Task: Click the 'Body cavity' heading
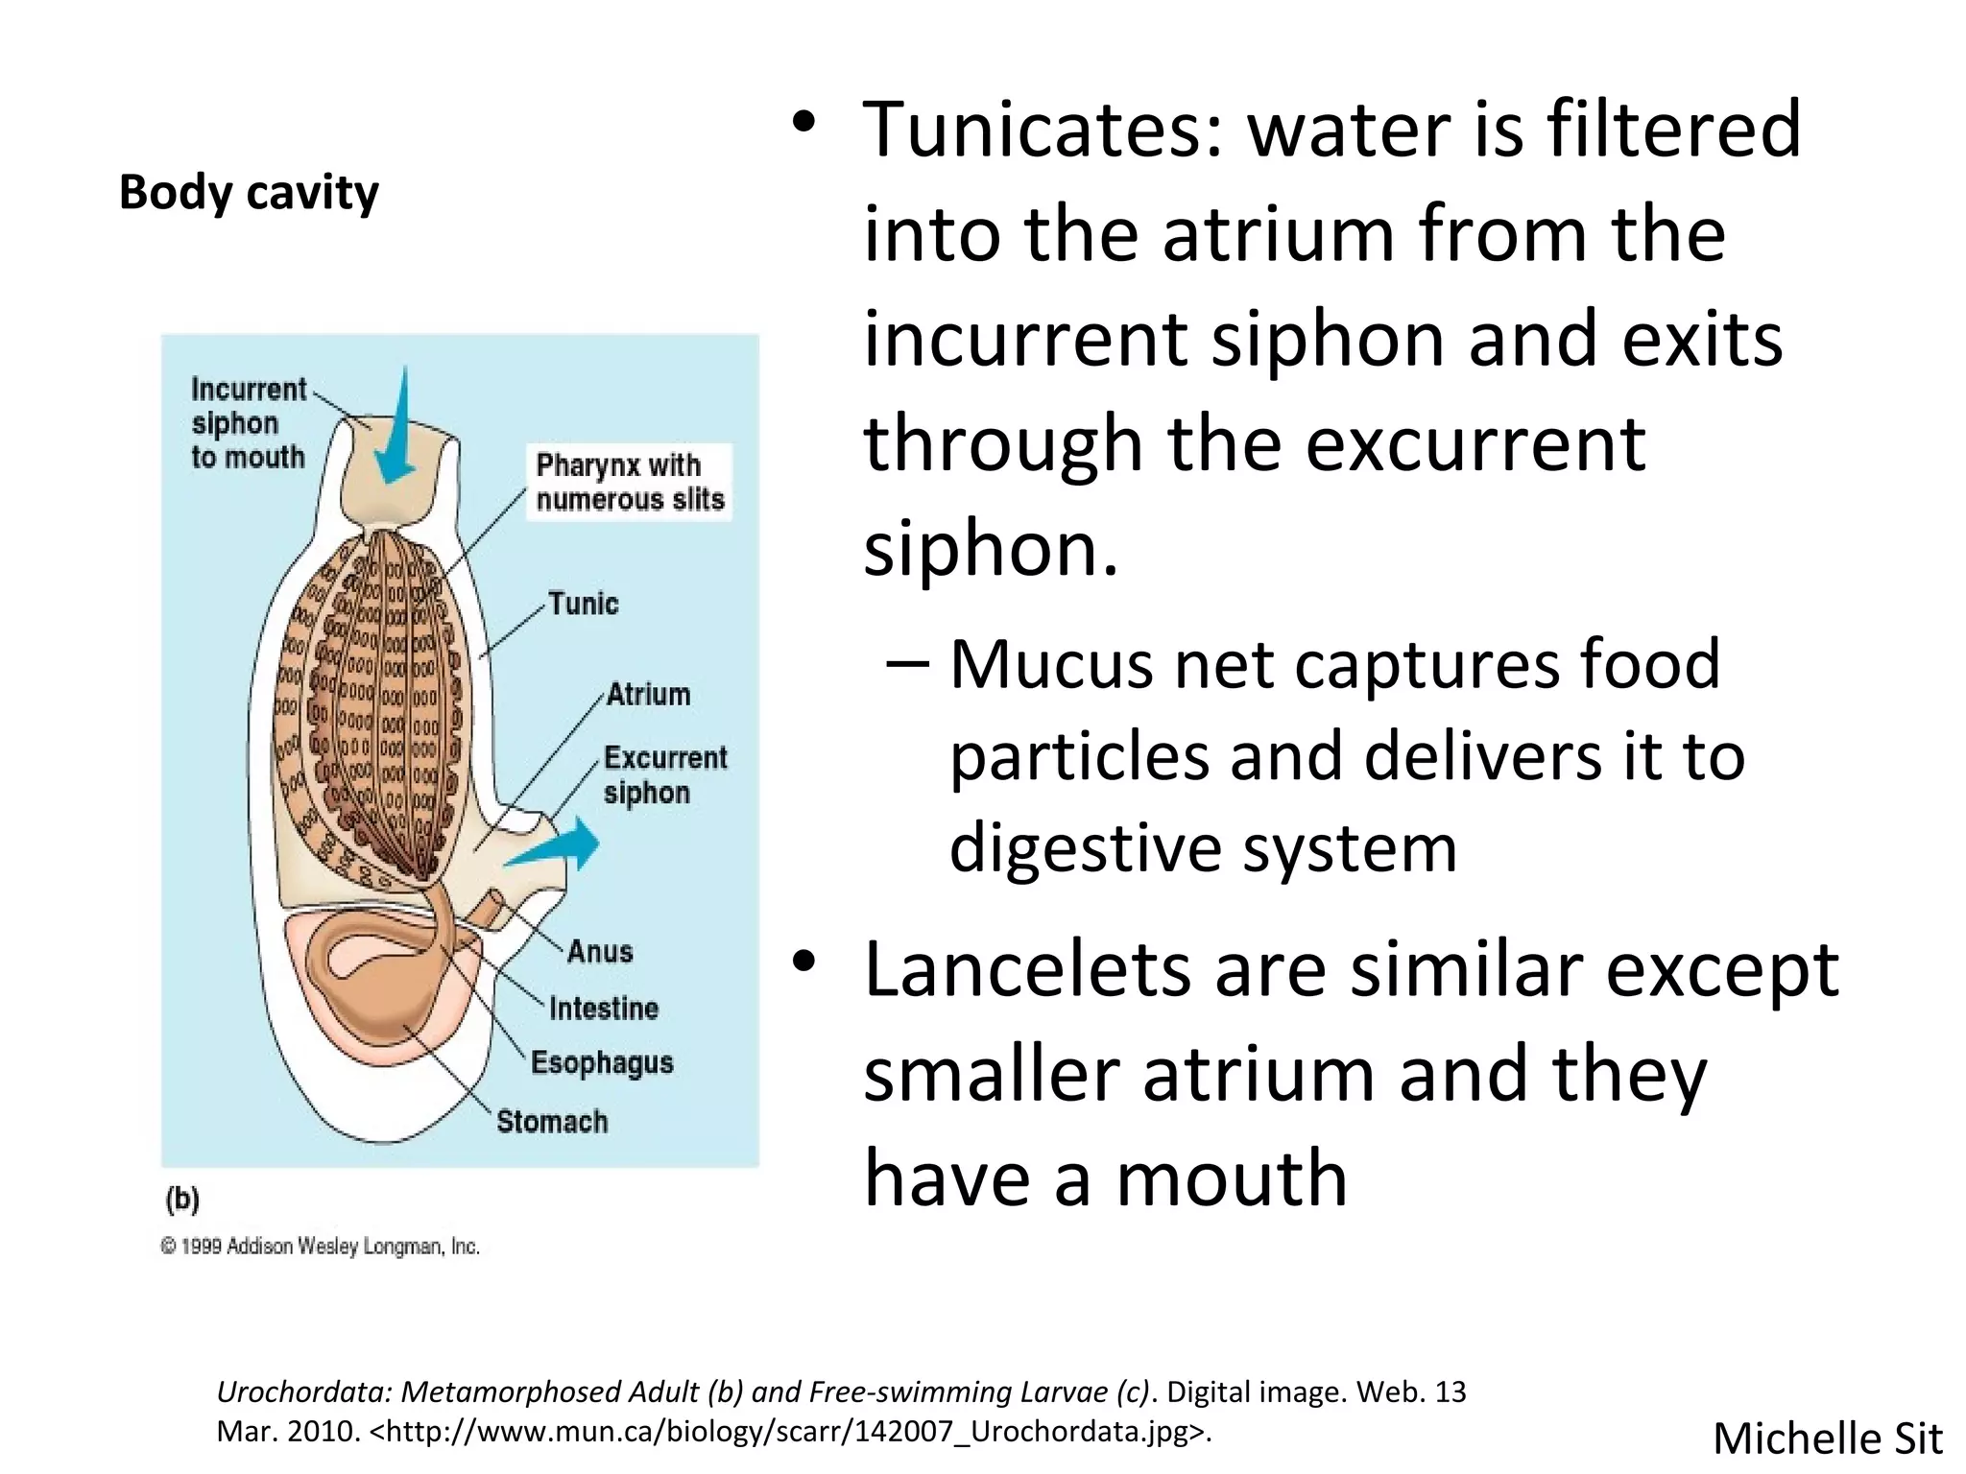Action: click(249, 192)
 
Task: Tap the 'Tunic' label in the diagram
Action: click(583, 604)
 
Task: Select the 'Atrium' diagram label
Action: click(648, 694)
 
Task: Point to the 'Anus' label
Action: click(600, 951)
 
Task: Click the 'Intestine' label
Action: click(604, 1008)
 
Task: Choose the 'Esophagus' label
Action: click(602, 1062)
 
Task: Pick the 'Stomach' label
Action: click(552, 1121)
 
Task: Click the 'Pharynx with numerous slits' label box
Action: click(630, 482)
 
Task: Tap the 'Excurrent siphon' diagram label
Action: click(664, 774)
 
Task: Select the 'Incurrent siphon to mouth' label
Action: click(248, 423)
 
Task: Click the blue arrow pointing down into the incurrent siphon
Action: click(396, 432)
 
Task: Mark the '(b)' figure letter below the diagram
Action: click(182, 1200)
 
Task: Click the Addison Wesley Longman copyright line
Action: click(320, 1247)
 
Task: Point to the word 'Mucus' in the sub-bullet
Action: click(1050, 664)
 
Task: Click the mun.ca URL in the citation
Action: click(787, 1431)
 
